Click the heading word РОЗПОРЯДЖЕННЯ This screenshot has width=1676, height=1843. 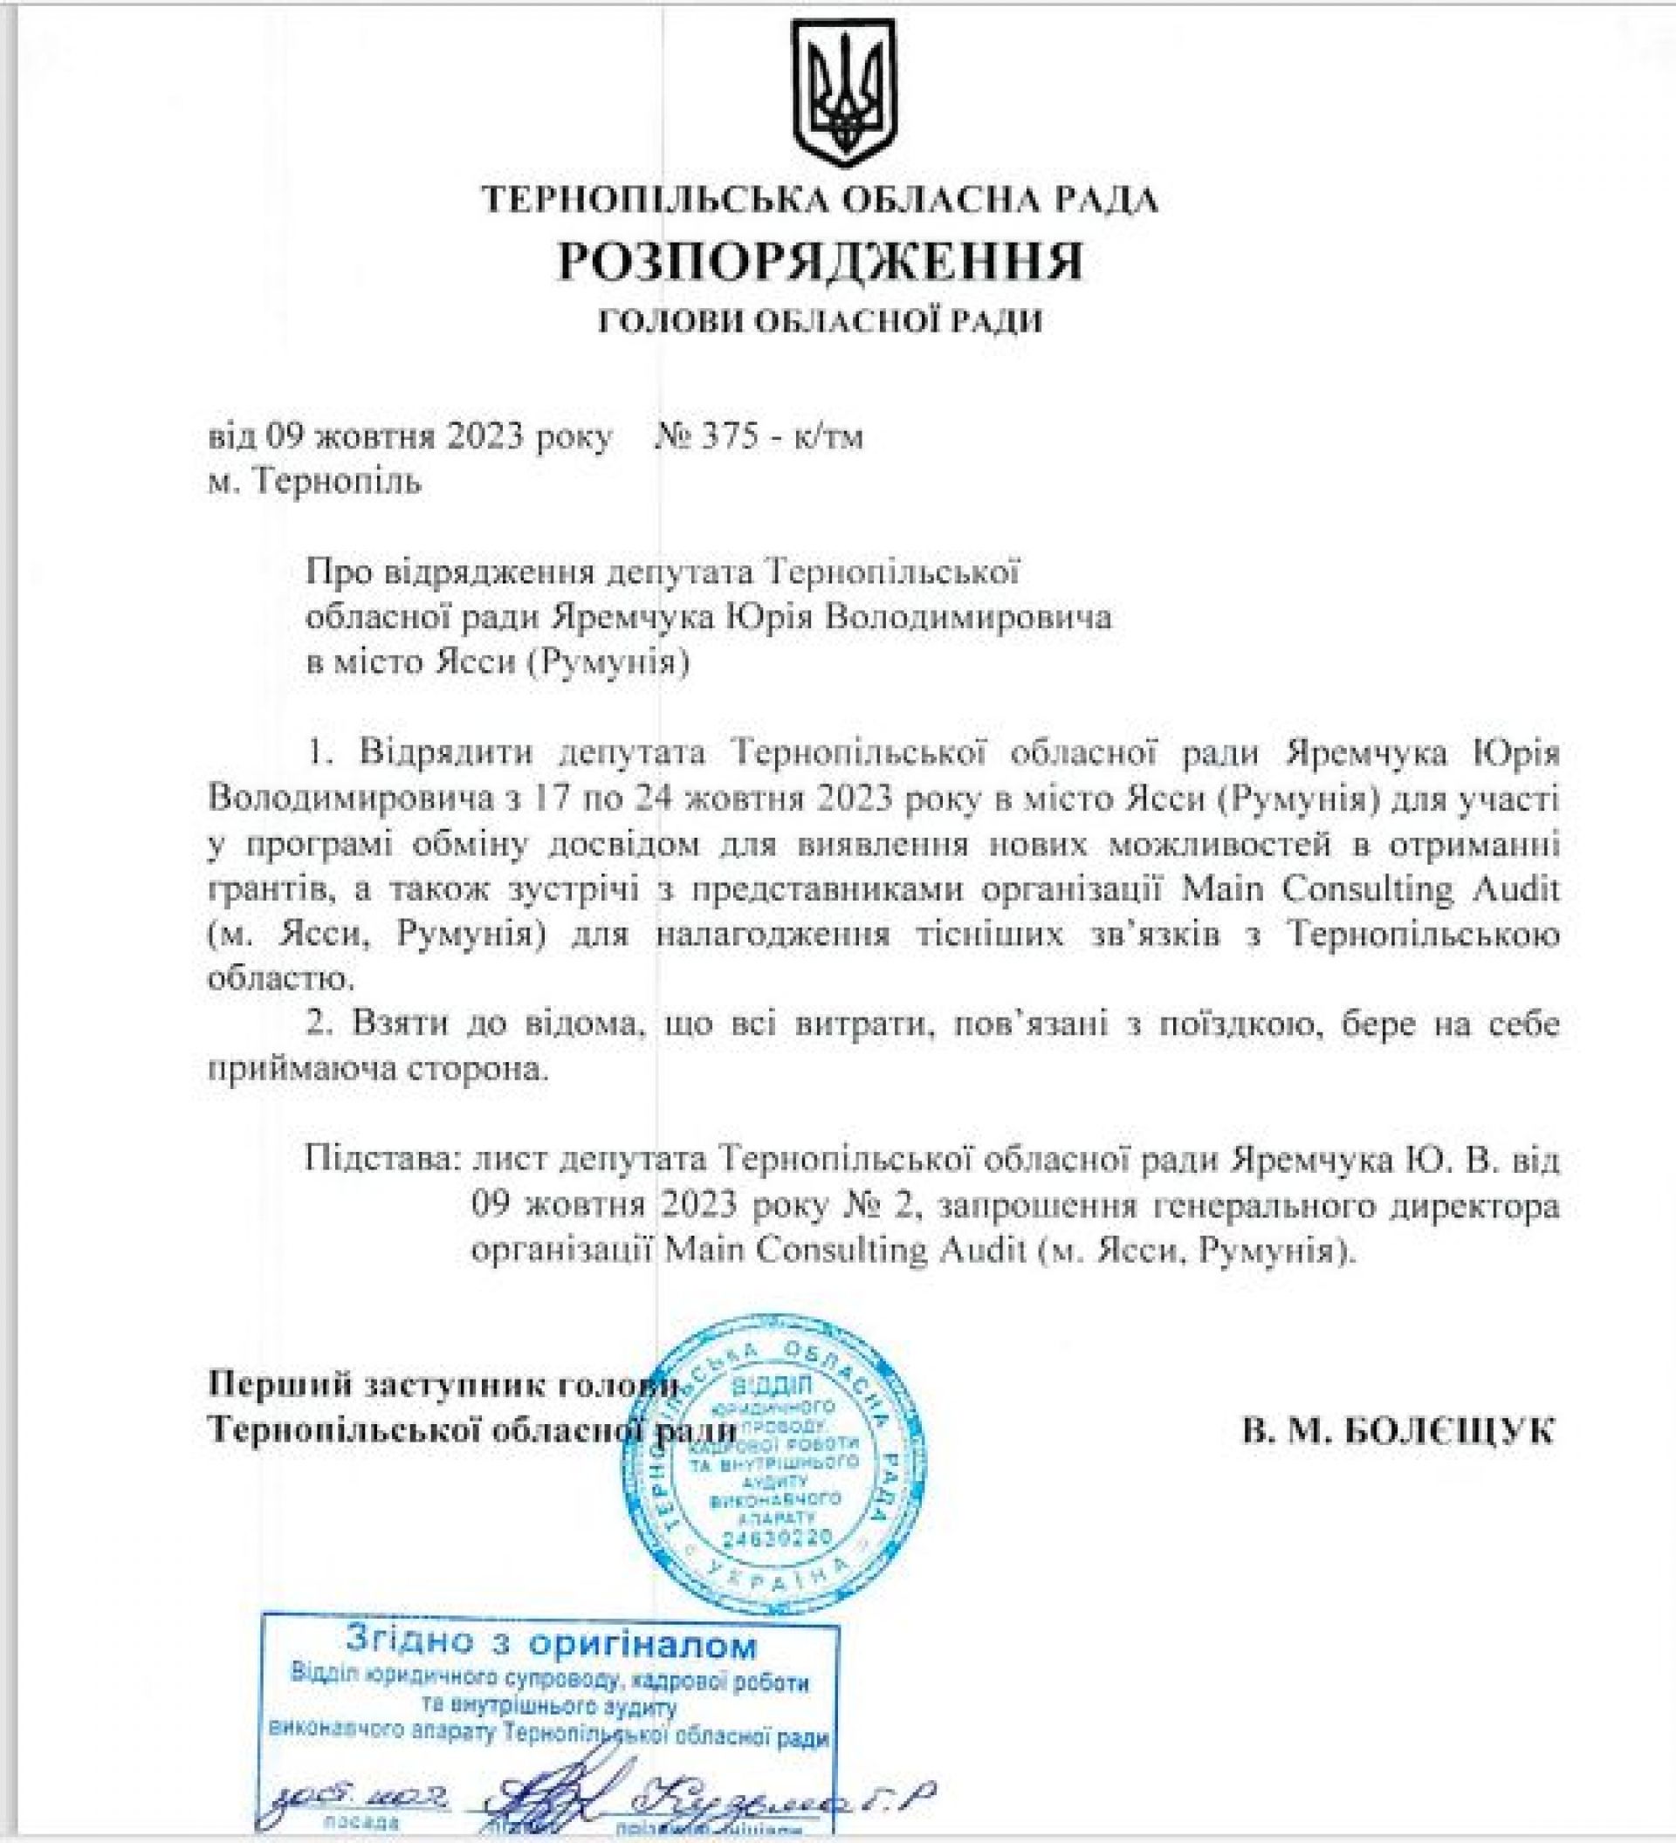(x=821, y=262)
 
